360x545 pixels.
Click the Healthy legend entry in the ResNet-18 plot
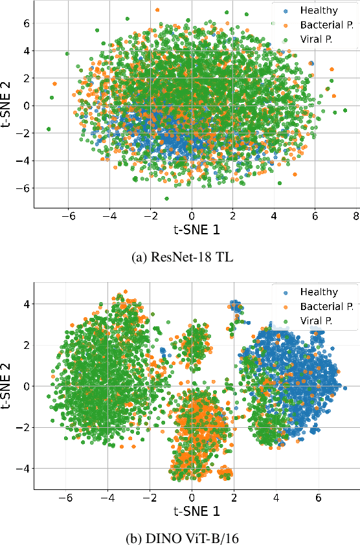314,10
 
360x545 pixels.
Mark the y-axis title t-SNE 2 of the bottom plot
8,386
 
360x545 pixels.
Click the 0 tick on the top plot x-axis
191,216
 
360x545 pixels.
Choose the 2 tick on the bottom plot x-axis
234,498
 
